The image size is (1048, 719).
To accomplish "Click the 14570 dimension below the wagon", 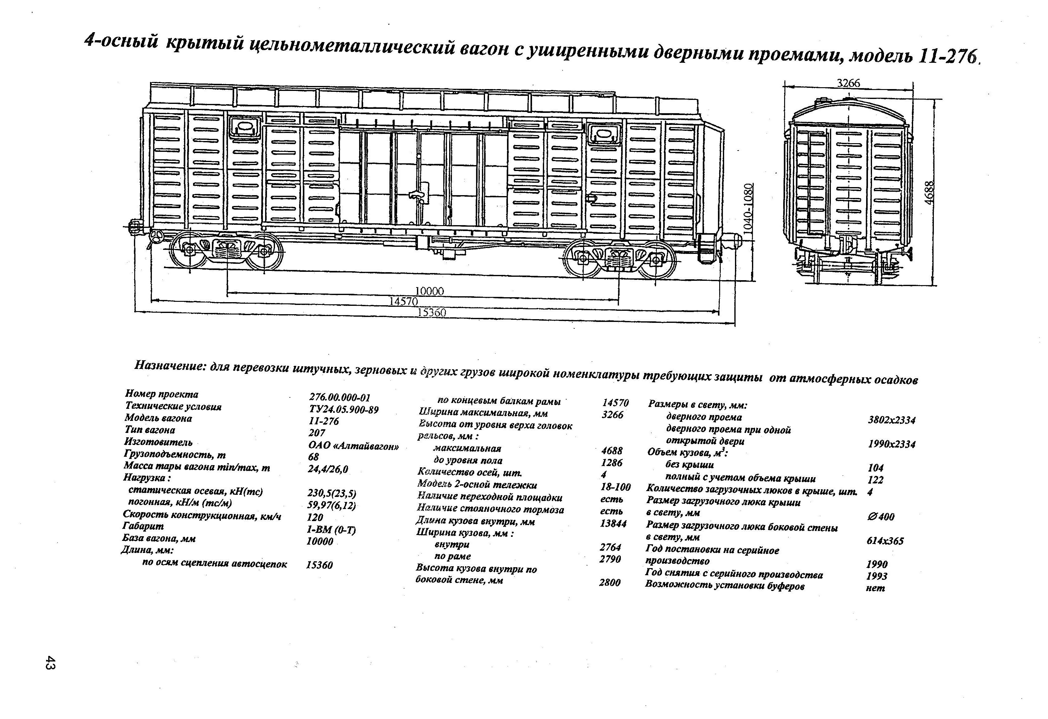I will point(404,301).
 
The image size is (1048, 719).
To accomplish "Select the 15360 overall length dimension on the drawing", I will point(432,312).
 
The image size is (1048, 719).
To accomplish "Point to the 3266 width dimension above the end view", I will point(848,83).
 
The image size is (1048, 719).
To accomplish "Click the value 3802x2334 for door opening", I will point(891,420).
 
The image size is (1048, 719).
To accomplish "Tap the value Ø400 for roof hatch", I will point(880,517).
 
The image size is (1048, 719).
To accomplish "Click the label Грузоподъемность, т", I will point(175,455).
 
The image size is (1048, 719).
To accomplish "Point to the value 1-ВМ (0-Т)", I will point(332,530).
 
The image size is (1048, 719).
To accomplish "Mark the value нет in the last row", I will point(875,588).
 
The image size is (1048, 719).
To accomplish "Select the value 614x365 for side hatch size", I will point(885,541).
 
